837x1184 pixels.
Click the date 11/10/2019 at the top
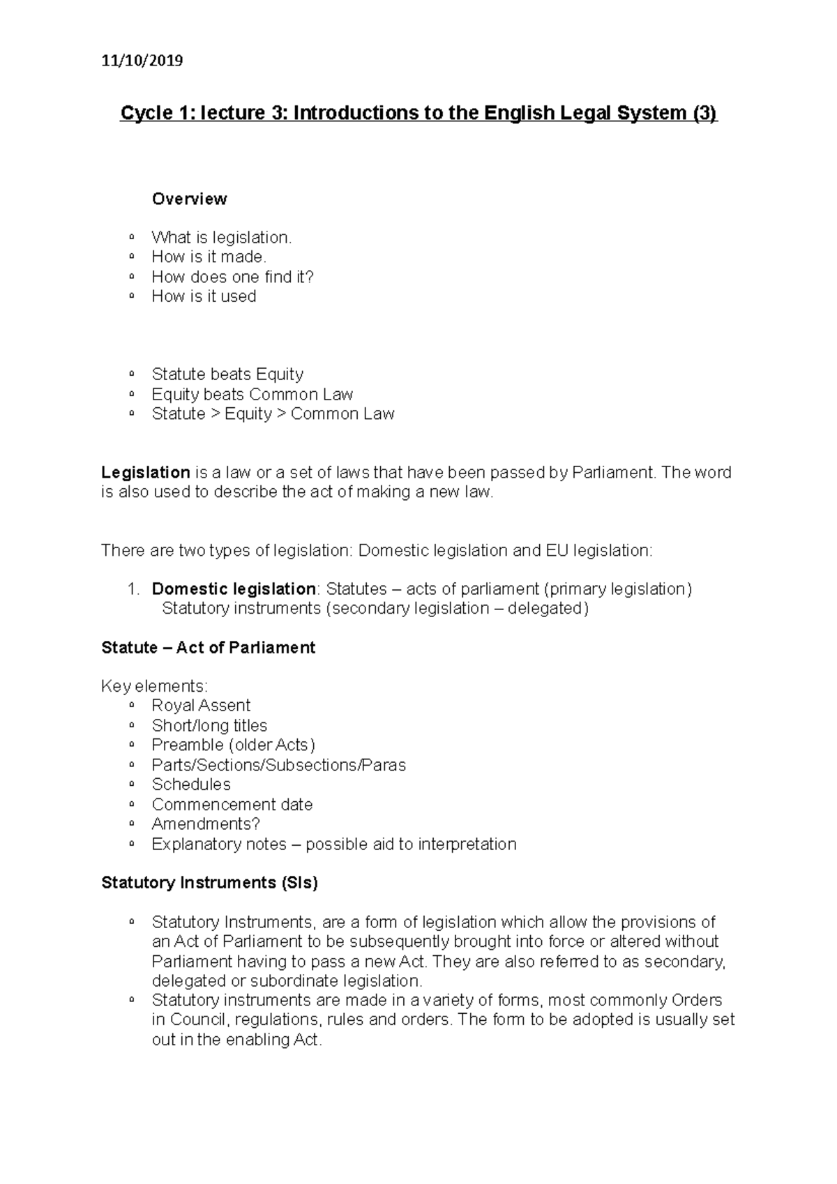coord(142,61)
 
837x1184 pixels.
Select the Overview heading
coord(189,199)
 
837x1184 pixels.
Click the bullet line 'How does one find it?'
coord(232,277)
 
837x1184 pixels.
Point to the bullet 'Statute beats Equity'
coord(227,374)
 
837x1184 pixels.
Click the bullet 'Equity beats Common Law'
coord(252,395)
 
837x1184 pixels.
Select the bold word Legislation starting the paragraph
coord(146,473)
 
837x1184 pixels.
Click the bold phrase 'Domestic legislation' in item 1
coord(233,589)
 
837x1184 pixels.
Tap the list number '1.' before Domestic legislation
coord(134,589)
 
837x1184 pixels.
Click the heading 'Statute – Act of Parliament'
coord(208,648)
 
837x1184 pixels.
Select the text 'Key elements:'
coord(154,686)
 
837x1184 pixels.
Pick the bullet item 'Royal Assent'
coord(201,706)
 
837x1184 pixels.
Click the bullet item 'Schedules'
coord(191,784)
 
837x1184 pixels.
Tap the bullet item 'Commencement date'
coord(232,805)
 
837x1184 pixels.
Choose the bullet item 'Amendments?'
coord(206,824)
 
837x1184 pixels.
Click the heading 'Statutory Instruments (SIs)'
coord(209,883)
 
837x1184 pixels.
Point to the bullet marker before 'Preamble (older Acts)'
coord(132,745)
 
